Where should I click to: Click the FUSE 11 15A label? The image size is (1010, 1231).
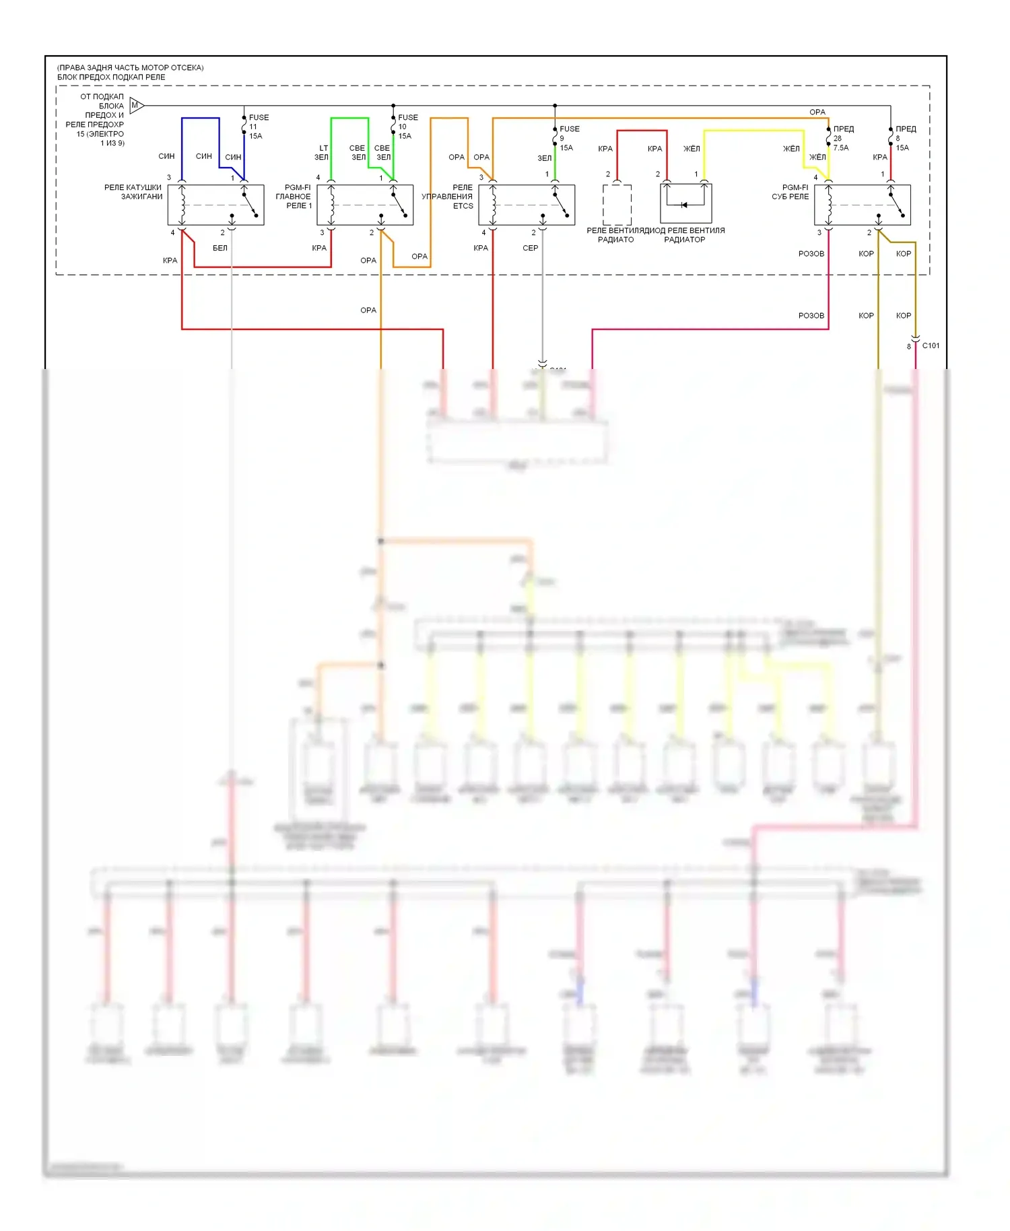(258, 127)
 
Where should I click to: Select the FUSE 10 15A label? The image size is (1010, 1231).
(407, 127)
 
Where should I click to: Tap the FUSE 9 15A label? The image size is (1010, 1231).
(568, 138)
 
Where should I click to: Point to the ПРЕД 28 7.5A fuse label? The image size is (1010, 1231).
(842, 138)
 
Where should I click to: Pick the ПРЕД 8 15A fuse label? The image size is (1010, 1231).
(904, 138)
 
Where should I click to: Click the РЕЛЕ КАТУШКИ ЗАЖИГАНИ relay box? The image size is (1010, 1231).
(215, 205)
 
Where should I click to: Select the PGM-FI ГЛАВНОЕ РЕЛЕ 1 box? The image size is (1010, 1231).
(365, 205)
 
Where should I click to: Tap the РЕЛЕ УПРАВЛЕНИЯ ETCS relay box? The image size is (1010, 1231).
(527, 205)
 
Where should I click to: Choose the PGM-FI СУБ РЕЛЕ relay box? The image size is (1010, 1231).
(862, 205)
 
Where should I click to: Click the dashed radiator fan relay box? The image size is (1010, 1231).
(617, 205)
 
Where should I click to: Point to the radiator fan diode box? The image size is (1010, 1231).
(685, 203)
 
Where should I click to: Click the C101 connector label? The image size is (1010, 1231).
(931, 345)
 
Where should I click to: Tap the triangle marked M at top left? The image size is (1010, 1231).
(136, 105)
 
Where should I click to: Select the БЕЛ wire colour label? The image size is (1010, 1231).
(220, 248)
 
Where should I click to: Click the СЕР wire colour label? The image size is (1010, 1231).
(531, 248)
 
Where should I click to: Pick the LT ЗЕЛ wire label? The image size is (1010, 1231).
(322, 153)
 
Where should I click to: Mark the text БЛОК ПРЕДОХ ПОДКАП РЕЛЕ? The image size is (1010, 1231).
(111, 77)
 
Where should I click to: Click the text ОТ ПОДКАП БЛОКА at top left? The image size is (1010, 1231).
(102, 101)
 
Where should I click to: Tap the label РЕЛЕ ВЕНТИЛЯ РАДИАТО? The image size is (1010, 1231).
(615, 235)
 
